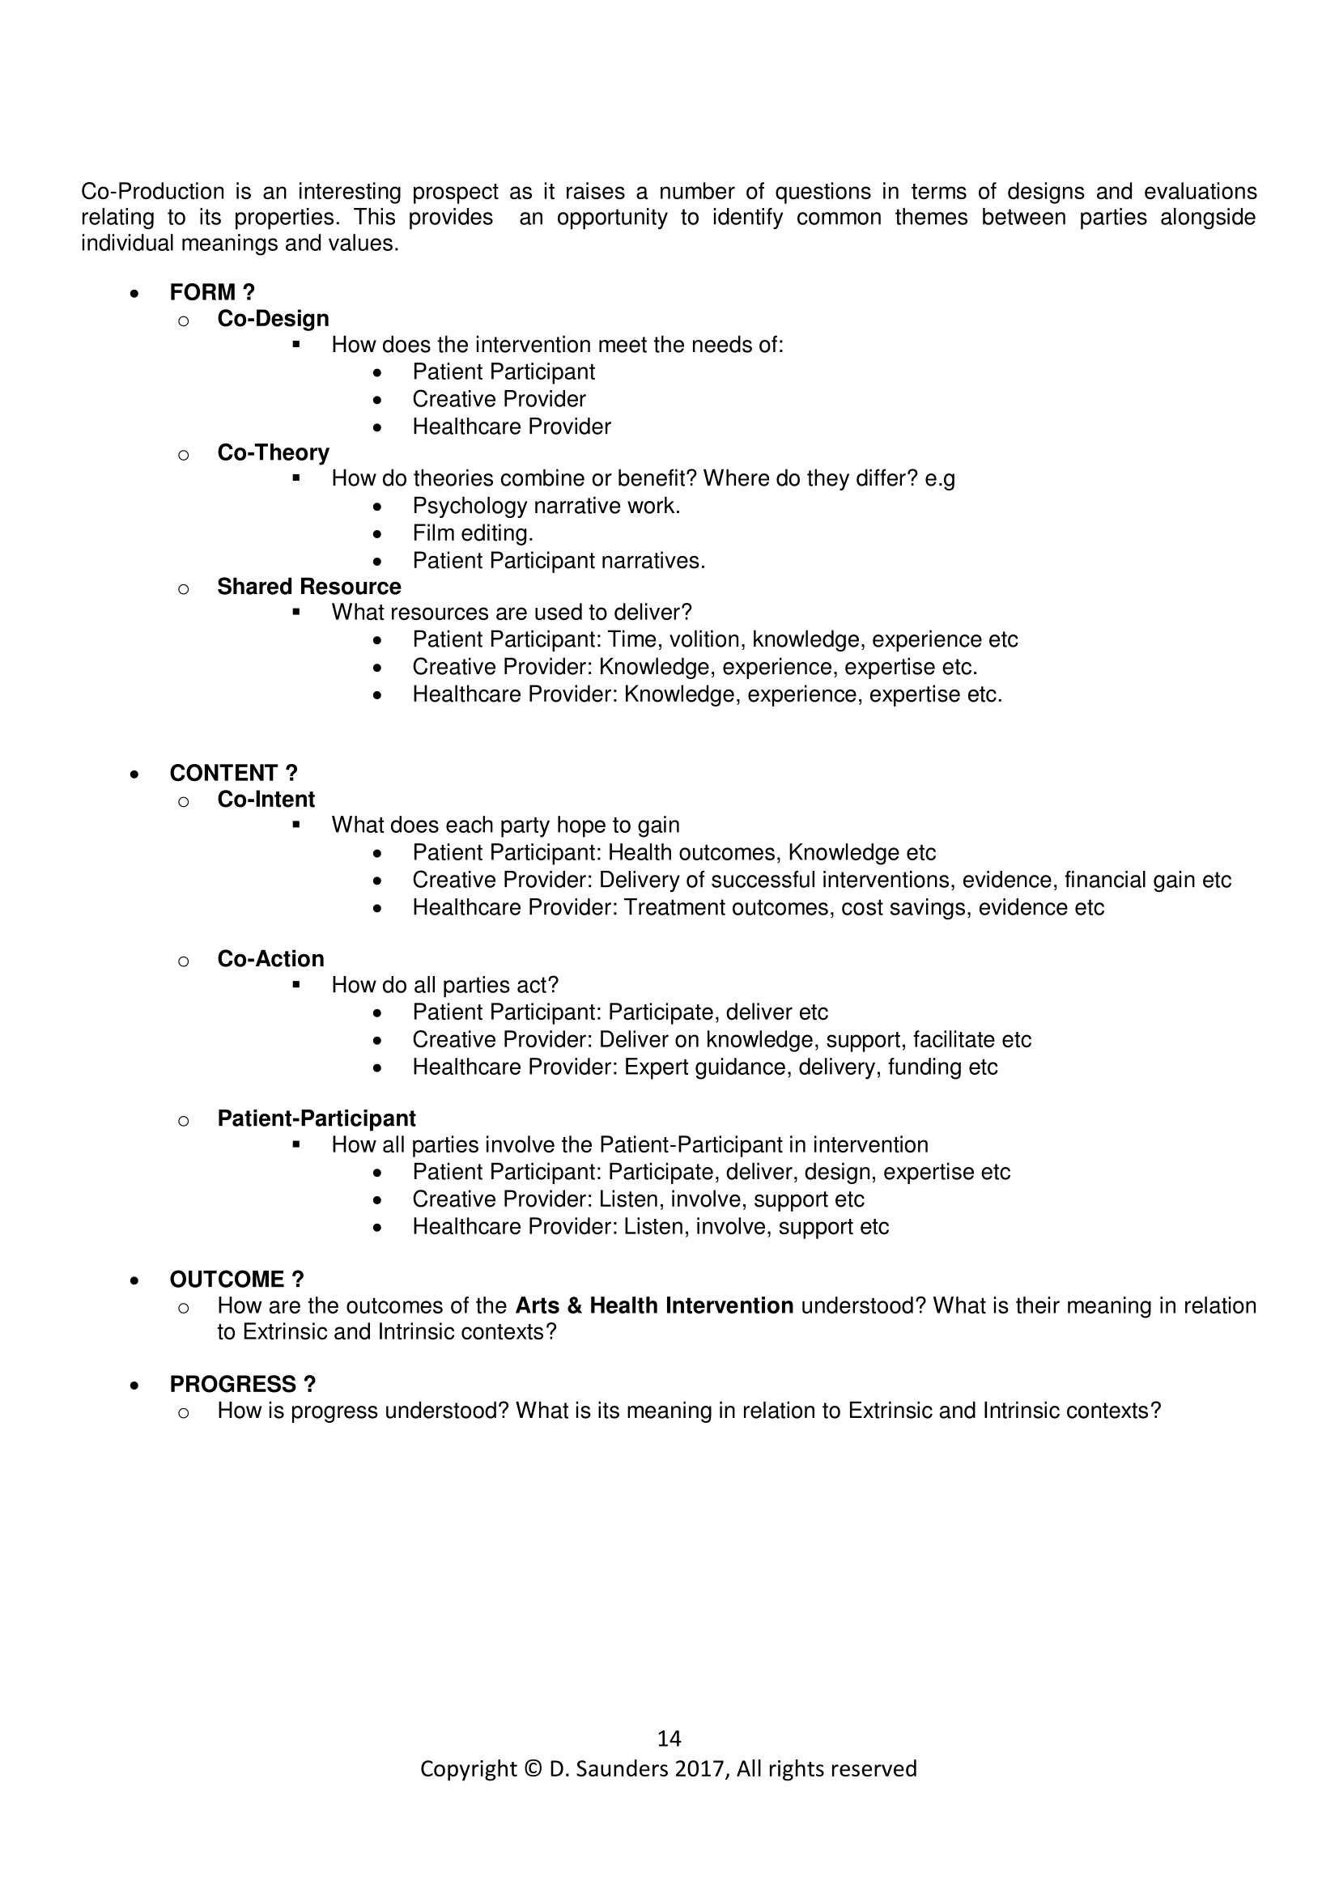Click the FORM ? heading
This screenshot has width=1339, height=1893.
coord(212,292)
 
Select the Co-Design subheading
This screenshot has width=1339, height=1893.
coord(273,318)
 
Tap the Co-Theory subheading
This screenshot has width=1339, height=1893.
coord(273,452)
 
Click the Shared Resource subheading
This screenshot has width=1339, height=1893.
coord(308,586)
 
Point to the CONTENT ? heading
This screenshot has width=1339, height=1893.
coord(233,773)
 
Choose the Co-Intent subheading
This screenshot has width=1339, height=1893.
coord(266,799)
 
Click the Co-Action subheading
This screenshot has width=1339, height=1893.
coord(270,959)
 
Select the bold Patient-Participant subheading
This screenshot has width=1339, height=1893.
coord(316,1118)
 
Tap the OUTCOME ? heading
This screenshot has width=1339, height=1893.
coord(236,1279)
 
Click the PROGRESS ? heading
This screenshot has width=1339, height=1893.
coord(242,1384)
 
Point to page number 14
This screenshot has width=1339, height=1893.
coord(669,1738)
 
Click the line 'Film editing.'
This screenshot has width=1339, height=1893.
coord(473,533)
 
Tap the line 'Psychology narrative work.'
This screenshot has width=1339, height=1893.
coord(546,505)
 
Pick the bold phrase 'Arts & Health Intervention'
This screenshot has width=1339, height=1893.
coord(654,1306)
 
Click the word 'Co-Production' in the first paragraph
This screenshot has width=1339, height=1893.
coord(152,191)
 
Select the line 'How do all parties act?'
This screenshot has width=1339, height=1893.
coord(444,985)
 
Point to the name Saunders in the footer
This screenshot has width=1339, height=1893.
coord(622,1769)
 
